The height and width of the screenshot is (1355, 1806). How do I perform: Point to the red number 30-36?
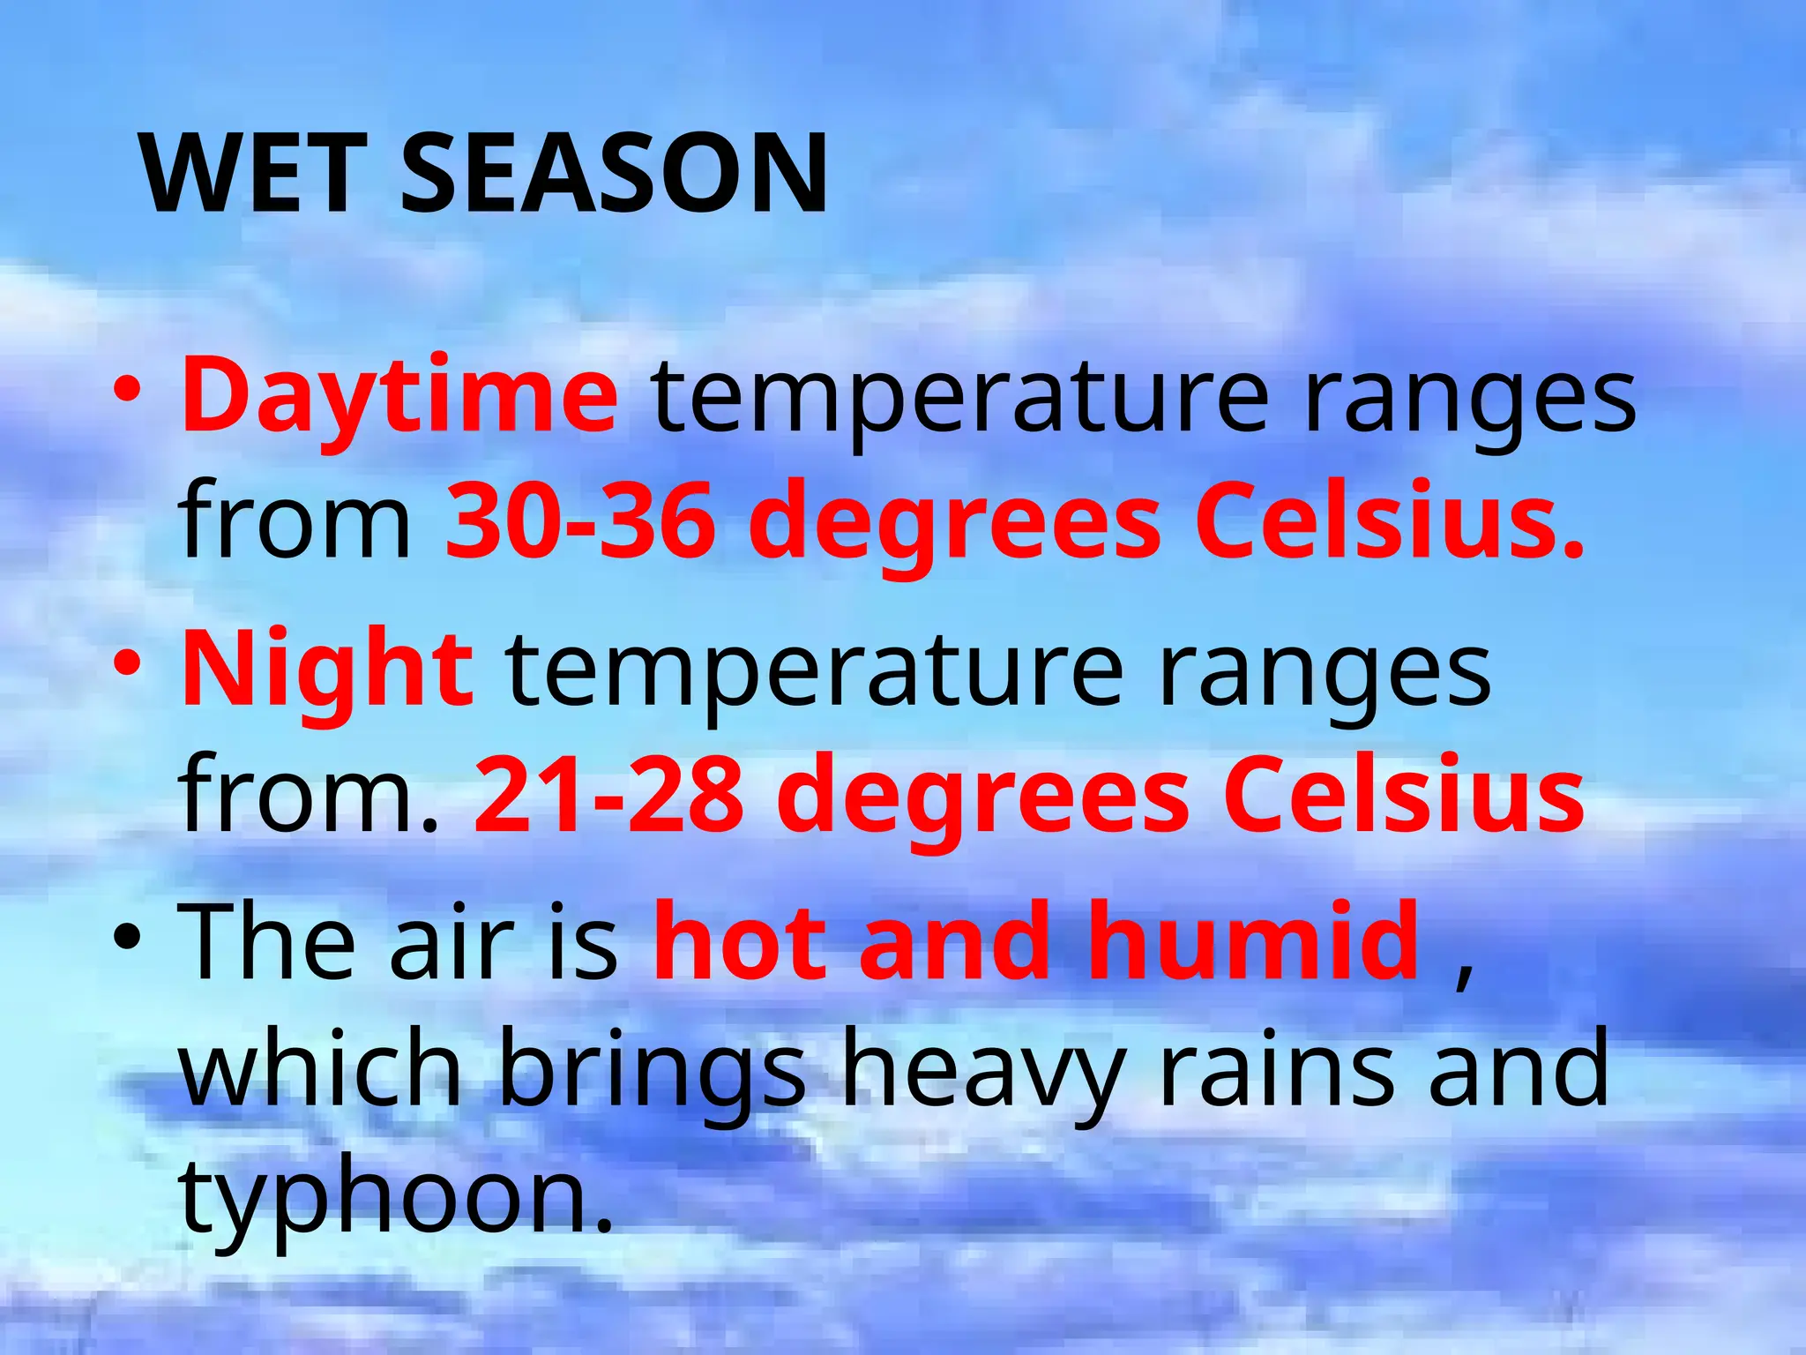[x=579, y=520]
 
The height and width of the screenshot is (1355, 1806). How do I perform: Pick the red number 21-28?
[x=608, y=794]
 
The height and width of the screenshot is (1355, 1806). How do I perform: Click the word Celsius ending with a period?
[x=1390, y=520]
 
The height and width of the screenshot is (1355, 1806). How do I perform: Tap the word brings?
[x=653, y=1072]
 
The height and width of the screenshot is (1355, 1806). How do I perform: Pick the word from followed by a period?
[x=308, y=794]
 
